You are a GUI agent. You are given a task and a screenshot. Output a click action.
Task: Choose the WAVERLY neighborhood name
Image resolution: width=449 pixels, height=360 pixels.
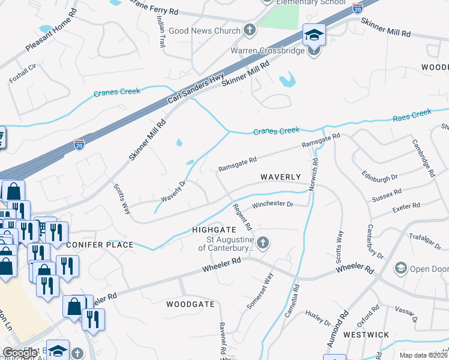click(x=280, y=177)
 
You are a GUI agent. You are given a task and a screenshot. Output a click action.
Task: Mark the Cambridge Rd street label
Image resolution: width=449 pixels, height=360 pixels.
click(x=423, y=158)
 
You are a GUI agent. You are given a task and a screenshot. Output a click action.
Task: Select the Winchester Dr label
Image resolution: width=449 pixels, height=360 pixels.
click(x=272, y=205)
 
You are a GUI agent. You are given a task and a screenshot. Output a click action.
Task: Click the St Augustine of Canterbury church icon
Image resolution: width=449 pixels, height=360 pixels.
click(x=262, y=242)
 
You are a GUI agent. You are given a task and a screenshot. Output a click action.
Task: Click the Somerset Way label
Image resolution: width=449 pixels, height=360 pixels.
click(x=260, y=292)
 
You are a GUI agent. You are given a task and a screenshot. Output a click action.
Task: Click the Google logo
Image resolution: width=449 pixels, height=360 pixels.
click(x=20, y=353)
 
